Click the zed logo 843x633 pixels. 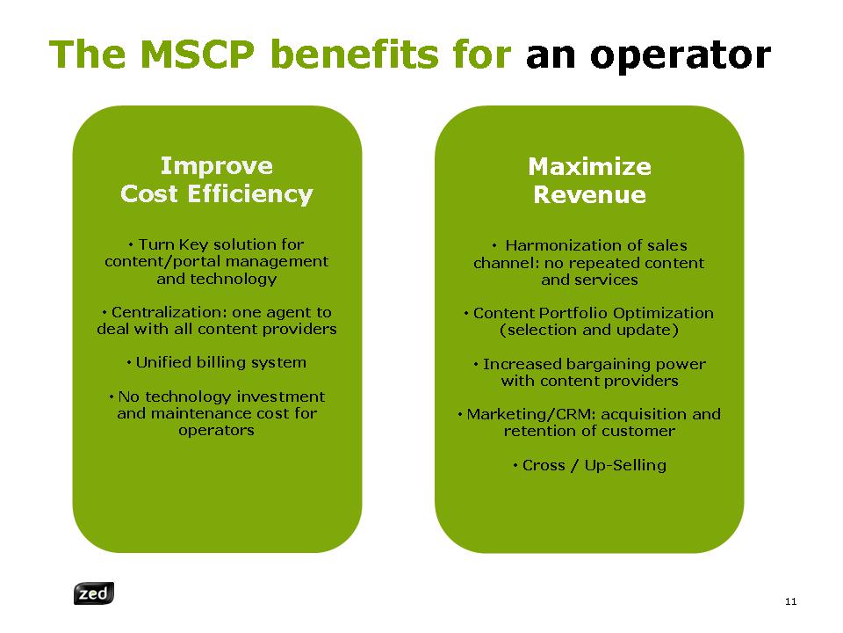pyautogui.click(x=94, y=593)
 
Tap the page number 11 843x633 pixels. pyautogui.click(x=790, y=601)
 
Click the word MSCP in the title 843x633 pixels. pyautogui.click(x=198, y=55)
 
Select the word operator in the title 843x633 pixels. pyautogui.click(x=681, y=55)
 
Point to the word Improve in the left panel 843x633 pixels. pyautogui.click(x=217, y=166)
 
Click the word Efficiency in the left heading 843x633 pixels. pyautogui.click(x=250, y=194)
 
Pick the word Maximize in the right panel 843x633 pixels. pyautogui.click(x=590, y=166)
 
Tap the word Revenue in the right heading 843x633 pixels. pyautogui.click(x=590, y=194)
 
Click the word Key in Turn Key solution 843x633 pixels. pyautogui.click(x=193, y=245)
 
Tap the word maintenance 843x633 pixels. pyautogui.click(x=201, y=413)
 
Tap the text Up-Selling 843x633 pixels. pyautogui.click(x=625, y=465)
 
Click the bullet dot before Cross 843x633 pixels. pyautogui.click(x=515, y=466)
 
